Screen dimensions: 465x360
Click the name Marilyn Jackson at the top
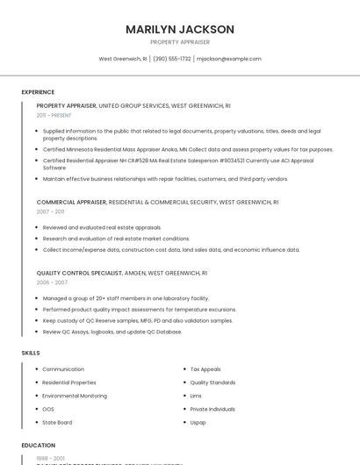tap(180, 29)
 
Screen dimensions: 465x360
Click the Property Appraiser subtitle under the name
tap(180, 41)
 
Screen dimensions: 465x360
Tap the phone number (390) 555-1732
tap(173, 59)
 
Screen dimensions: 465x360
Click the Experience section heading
tap(38, 92)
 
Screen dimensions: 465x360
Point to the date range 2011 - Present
tap(54, 115)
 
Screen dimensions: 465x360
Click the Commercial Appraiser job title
tap(71, 202)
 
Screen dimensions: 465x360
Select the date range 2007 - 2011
tap(50, 211)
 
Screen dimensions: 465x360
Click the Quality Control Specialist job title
tap(79, 273)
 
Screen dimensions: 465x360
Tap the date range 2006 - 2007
tap(52, 283)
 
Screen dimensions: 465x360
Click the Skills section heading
tap(31, 353)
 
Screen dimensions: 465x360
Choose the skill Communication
tap(63, 369)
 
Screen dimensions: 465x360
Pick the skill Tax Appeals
tap(205, 369)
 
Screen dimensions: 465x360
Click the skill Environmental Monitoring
tap(75, 396)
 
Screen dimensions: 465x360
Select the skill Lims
tap(197, 396)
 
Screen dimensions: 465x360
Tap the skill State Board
tap(59, 422)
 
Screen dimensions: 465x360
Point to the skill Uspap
tap(198, 422)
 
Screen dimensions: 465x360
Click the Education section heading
tap(39, 446)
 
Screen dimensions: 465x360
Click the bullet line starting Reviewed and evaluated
tap(102, 227)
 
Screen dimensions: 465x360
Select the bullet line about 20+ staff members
tap(126, 298)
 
